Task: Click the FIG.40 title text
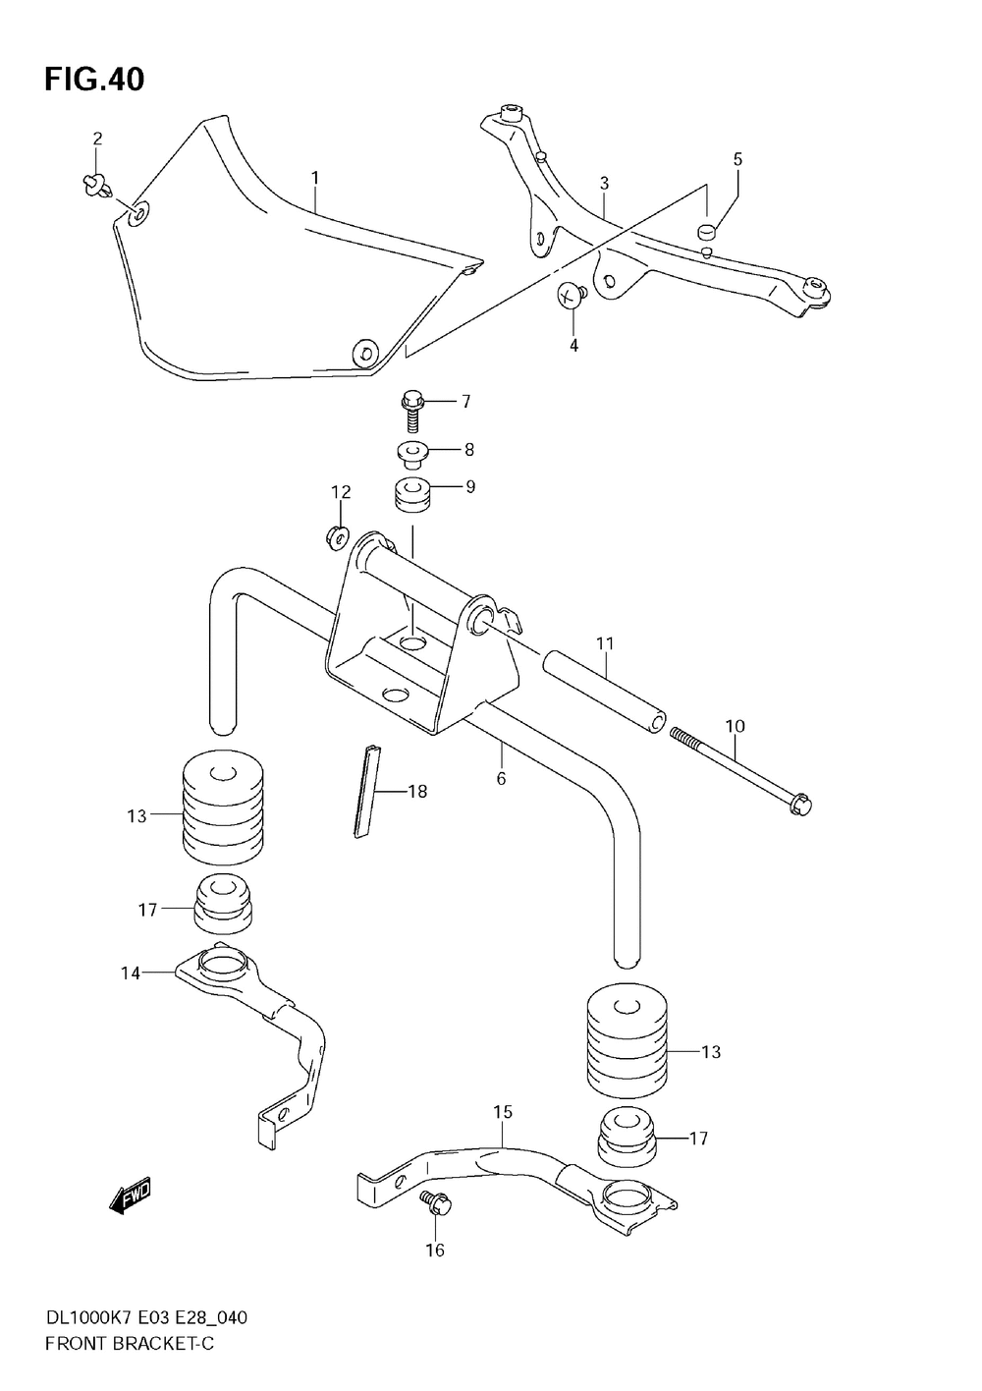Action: point(94,80)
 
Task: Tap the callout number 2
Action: point(97,139)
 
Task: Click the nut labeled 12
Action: point(337,535)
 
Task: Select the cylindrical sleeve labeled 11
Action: point(601,694)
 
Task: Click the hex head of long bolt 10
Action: point(800,804)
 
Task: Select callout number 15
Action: point(502,1112)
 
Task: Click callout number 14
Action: point(131,973)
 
